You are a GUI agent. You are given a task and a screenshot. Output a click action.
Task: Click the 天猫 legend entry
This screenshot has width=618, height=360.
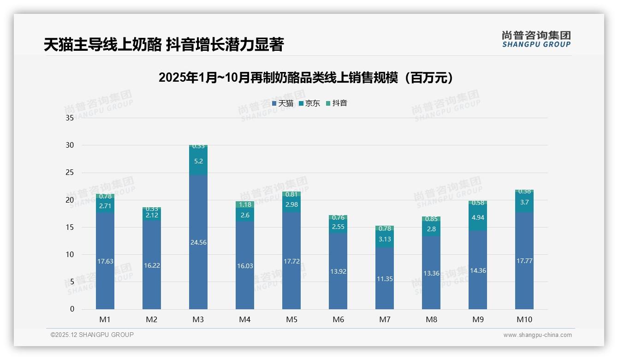[283, 103]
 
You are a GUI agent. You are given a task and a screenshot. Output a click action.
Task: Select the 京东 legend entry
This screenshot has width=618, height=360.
[309, 103]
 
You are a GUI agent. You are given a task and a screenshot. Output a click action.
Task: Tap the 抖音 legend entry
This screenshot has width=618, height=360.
[337, 103]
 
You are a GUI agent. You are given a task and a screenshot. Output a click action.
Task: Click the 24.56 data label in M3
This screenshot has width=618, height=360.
[198, 242]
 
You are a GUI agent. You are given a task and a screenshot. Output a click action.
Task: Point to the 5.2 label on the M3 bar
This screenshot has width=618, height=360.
[198, 161]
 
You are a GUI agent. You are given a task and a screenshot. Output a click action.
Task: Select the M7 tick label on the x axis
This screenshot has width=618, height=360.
[385, 319]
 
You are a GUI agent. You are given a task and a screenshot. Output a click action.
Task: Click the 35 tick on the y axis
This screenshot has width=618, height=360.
[70, 118]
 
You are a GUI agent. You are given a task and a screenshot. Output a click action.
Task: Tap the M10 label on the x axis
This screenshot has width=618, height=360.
[524, 319]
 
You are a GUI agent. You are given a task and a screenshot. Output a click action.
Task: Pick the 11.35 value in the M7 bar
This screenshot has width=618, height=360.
[385, 279]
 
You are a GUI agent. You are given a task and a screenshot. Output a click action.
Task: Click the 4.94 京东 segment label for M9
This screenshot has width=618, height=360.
[478, 217]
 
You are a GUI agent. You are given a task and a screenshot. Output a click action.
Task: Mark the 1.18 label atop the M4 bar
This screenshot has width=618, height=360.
[245, 204]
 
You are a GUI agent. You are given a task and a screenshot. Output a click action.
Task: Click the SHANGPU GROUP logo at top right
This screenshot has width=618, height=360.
[536, 39]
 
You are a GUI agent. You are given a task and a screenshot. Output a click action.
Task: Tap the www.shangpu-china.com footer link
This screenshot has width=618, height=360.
[537, 335]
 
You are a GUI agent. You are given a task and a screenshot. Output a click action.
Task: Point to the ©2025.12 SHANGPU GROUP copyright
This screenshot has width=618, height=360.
[92, 335]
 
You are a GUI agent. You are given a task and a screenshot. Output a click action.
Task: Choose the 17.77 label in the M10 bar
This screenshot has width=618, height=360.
[524, 261]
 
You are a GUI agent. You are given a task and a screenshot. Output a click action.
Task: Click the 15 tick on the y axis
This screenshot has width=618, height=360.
[70, 228]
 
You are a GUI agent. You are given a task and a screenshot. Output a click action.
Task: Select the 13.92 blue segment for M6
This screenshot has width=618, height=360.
[338, 271]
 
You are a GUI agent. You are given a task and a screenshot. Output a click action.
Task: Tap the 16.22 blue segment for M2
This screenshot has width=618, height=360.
[152, 265]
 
